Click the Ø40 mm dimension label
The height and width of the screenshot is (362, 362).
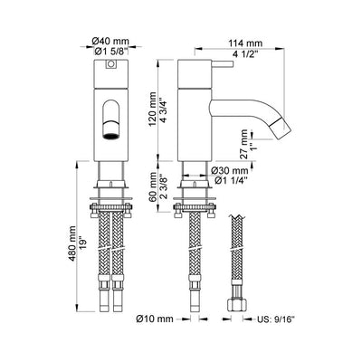110,41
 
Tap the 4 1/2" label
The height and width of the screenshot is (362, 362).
245,55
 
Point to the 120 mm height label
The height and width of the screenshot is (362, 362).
153,109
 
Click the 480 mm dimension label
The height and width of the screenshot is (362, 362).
72,239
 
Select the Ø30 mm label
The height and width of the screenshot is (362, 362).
230,170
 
